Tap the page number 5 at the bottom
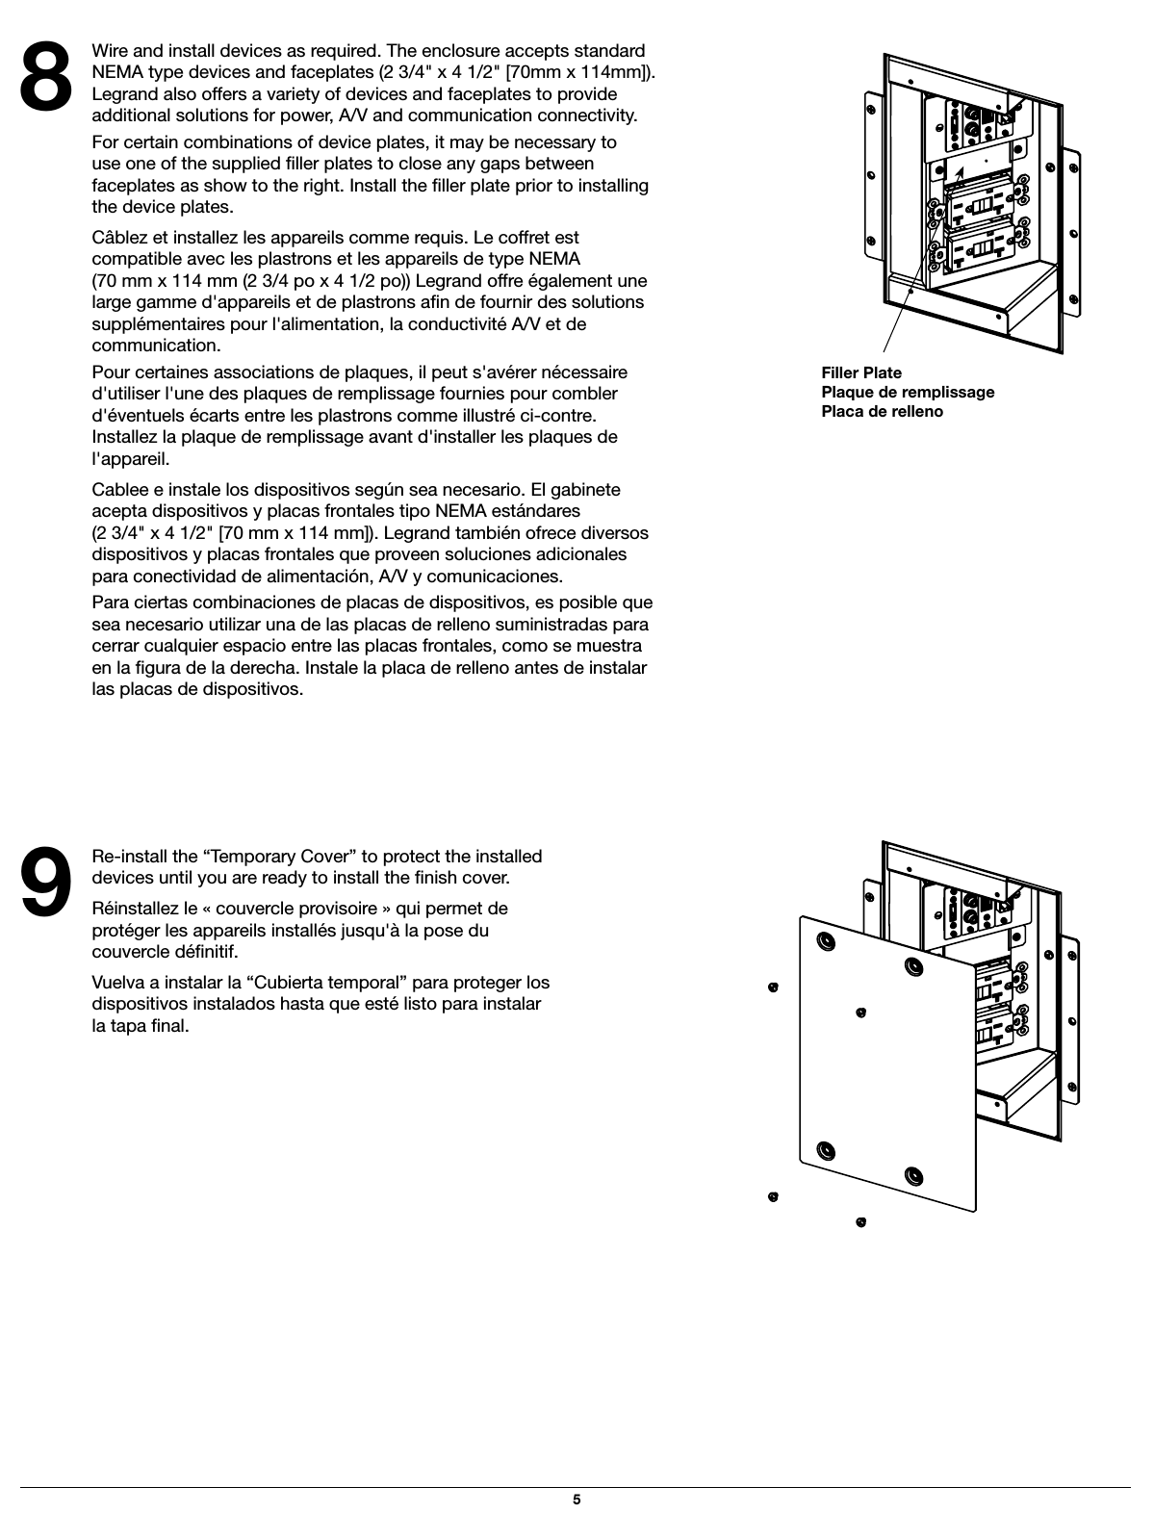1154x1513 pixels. [x=577, y=1500]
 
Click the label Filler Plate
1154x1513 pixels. [x=861, y=372]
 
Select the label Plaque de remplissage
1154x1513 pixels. [x=908, y=392]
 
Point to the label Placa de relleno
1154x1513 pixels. [x=882, y=411]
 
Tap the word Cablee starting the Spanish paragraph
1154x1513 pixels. [x=118, y=489]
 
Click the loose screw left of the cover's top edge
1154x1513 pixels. [x=772, y=987]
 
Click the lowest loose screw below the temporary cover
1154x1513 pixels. [x=860, y=1222]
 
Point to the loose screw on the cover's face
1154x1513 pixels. [x=861, y=1012]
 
